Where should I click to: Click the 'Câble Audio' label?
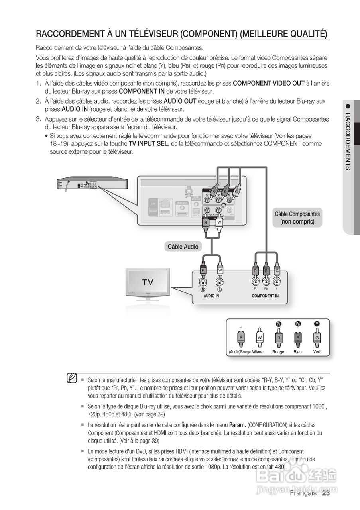click(183, 247)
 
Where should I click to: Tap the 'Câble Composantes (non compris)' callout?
click(297, 218)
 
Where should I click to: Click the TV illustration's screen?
click(147, 282)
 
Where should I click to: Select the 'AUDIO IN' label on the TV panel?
click(211, 296)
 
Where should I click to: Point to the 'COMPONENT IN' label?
click(265, 296)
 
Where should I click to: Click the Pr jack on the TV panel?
click(255, 282)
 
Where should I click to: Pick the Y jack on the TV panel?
click(277, 282)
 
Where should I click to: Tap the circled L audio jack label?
click(219, 289)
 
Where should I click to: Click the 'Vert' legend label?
click(317, 352)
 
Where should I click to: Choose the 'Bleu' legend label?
click(297, 352)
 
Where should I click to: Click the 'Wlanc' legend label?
click(258, 352)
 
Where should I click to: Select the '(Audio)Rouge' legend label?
click(240, 352)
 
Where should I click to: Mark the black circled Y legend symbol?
click(317, 324)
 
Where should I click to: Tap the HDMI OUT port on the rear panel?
click(182, 208)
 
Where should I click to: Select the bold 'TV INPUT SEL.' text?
click(149, 143)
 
